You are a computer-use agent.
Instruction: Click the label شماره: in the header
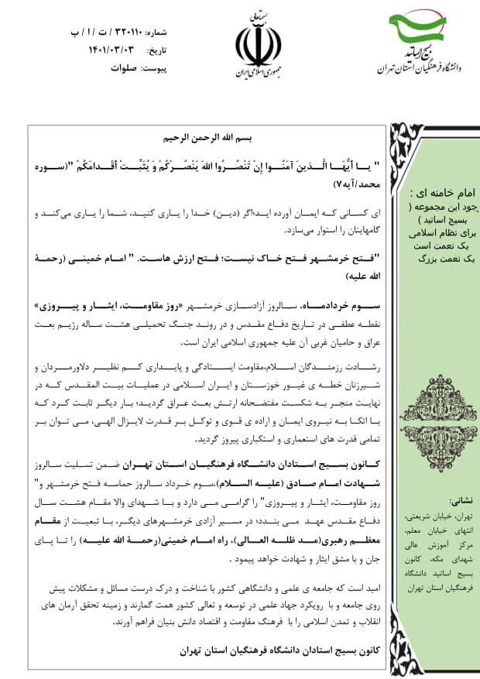pyautogui.click(x=156, y=33)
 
